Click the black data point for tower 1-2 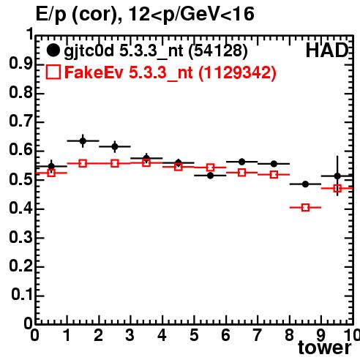83,140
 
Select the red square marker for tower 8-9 305,208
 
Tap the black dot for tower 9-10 337,176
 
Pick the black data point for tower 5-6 210,176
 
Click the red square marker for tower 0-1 51,173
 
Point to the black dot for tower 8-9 305,184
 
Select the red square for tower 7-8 274,175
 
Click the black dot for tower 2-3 115,146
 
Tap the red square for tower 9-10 337,188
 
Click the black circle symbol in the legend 53,50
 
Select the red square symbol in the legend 53,72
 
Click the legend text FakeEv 94,72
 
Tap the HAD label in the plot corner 327,50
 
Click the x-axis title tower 324,348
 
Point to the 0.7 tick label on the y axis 20,121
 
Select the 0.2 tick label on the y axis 20,266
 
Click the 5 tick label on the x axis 194,335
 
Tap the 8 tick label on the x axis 289,335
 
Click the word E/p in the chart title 51,15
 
